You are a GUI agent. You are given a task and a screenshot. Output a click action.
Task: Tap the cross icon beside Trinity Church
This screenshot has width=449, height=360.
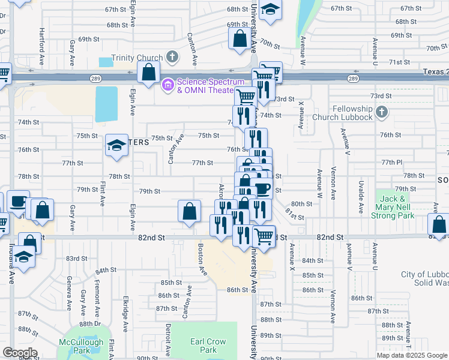coord(172,58)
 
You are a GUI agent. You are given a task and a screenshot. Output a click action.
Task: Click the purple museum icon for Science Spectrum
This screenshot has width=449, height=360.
coord(167,86)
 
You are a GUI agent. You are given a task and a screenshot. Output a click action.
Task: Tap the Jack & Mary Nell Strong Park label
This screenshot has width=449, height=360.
coord(397,207)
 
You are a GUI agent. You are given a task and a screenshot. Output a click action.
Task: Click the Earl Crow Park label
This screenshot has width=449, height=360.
coord(208,346)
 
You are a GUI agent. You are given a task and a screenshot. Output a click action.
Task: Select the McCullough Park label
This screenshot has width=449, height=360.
coord(85,347)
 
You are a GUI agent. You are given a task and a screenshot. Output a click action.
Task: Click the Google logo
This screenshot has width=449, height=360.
coord(19,353)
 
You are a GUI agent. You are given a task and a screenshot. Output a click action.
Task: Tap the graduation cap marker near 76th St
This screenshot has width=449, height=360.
coord(117,145)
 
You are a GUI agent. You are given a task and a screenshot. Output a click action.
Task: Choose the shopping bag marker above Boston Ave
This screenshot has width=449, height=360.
coord(189,211)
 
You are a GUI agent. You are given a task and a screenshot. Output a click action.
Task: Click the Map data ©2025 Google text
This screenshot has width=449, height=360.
coord(411,355)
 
